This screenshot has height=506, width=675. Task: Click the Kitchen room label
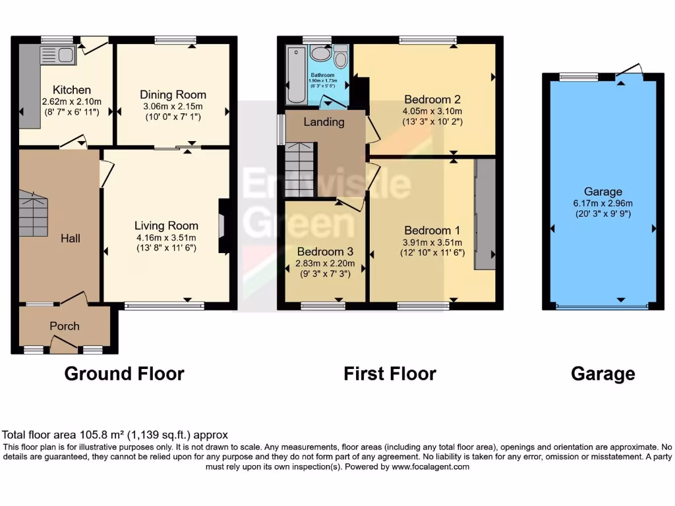pyautogui.click(x=72, y=90)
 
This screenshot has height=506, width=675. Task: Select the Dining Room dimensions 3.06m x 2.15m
pyautogui.click(x=173, y=106)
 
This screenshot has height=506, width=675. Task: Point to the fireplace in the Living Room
pyautogui.click(x=224, y=227)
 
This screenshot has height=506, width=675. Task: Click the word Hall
pyautogui.click(x=71, y=238)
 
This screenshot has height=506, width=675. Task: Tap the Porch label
pyautogui.click(x=65, y=326)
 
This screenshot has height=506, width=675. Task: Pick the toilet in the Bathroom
pyautogui.click(x=340, y=58)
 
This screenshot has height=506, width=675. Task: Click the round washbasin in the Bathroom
pyautogui.click(x=320, y=53)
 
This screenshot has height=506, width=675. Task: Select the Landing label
pyautogui.click(x=324, y=122)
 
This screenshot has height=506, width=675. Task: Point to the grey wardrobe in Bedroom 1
pyautogui.click(x=484, y=213)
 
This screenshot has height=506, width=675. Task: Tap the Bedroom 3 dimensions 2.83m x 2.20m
pyautogui.click(x=326, y=264)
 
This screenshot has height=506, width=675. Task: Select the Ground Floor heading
pyautogui.click(x=124, y=374)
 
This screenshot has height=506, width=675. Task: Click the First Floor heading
pyautogui.click(x=390, y=374)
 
